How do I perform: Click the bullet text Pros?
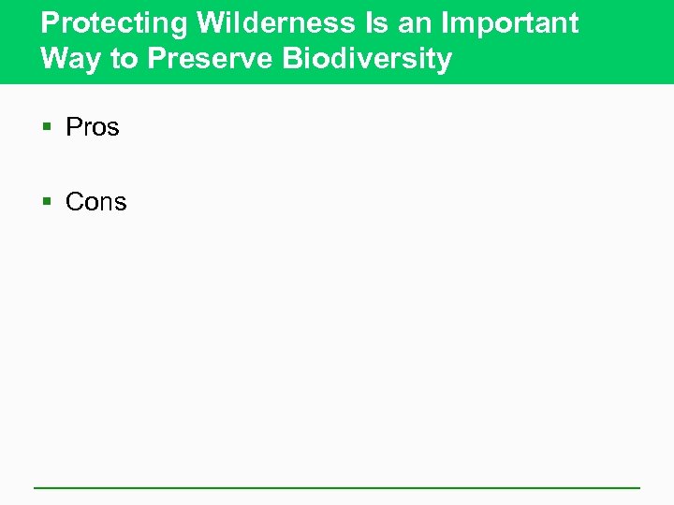point(93,127)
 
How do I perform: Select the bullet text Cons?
point(95,202)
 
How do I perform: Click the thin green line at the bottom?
point(337,487)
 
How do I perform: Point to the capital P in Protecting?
point(50,22)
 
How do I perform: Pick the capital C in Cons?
point(75,202)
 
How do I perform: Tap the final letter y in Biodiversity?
point(444,62)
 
